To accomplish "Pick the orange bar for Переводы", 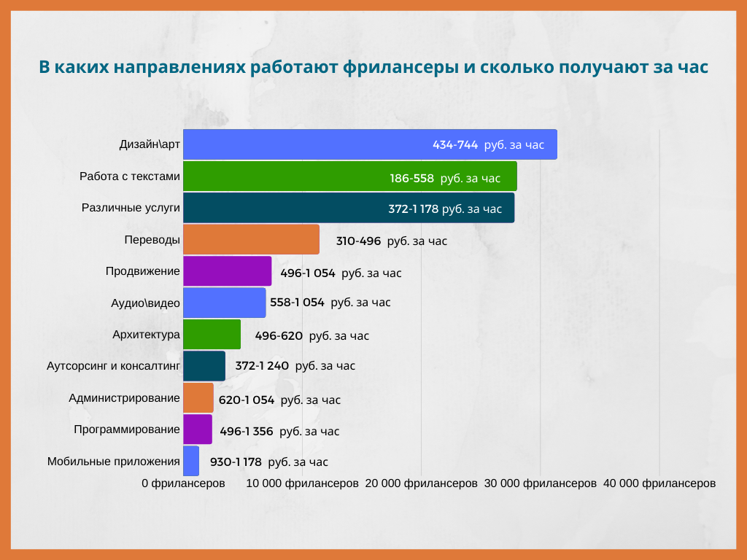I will point(251,239).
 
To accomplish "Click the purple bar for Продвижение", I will point(227,271).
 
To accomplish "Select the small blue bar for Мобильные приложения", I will point(191,461).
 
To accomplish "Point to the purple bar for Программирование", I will point(197,429).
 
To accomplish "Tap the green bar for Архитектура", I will point(212,335).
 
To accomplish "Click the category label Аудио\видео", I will point(145,303).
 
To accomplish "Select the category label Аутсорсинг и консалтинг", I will point(112,366).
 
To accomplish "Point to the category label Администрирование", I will point(124,398).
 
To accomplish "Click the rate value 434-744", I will point(455,145).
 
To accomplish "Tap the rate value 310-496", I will point(358,241).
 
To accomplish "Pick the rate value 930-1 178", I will point(236,462).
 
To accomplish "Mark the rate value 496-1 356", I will point(247,431).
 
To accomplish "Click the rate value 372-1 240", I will point(262,366).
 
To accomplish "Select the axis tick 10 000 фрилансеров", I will point(302,483).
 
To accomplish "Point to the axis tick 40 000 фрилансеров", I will point(659,483).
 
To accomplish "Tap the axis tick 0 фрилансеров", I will point(183,483).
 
